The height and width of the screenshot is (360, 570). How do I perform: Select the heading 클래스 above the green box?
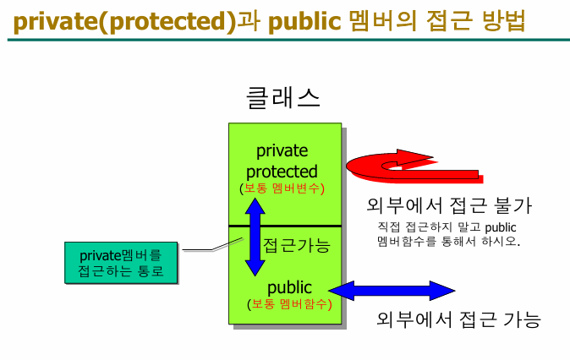(x=283, y=98)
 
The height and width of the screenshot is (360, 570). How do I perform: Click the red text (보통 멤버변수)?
(x=282, y=188)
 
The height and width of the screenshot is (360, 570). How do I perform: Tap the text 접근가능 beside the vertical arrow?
(x=296, y=246)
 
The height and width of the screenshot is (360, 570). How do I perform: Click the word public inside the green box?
(x=289, y=287)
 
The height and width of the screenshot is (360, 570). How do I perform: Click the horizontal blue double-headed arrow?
(x=391, y=291)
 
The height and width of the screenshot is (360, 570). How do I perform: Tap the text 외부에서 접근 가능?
(x=458, y=320)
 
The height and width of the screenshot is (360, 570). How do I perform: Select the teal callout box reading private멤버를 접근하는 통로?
(x=123, y=262)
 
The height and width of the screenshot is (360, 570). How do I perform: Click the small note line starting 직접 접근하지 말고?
(x=446, y=226)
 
